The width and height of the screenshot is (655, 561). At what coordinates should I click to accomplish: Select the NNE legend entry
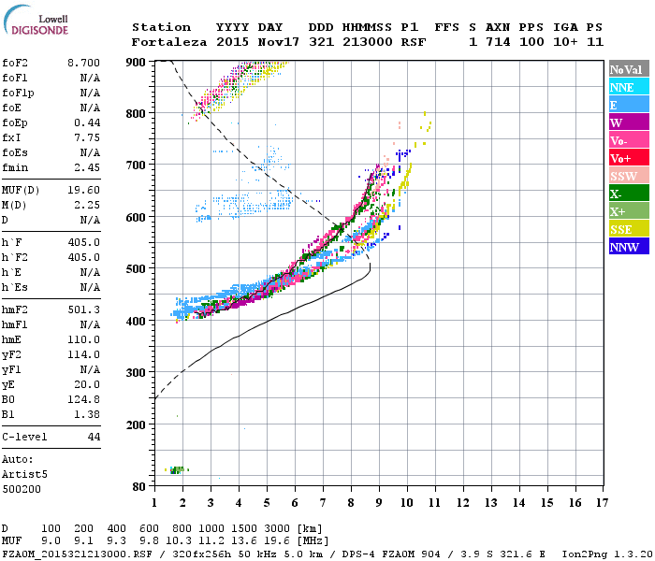pos(629,87)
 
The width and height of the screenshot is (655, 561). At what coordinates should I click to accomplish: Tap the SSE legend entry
pos(629,229)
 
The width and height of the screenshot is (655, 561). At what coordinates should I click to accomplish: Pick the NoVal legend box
pos(629,69)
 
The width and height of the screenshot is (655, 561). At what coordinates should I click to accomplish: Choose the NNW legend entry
pos(629,247)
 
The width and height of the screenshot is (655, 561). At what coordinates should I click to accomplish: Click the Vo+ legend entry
pos(629,158)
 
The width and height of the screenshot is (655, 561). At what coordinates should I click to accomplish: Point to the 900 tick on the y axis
pos(136,62)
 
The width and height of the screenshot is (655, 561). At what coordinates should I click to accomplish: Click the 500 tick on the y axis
pos(136,269)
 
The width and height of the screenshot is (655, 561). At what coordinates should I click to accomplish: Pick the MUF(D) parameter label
pos(22,188)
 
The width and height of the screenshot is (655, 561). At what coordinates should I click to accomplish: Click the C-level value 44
pos(93,437)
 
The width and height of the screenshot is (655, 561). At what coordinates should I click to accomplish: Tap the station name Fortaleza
pos(165,42)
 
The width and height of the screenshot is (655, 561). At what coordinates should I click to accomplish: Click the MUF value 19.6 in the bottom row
pos(277,541)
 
